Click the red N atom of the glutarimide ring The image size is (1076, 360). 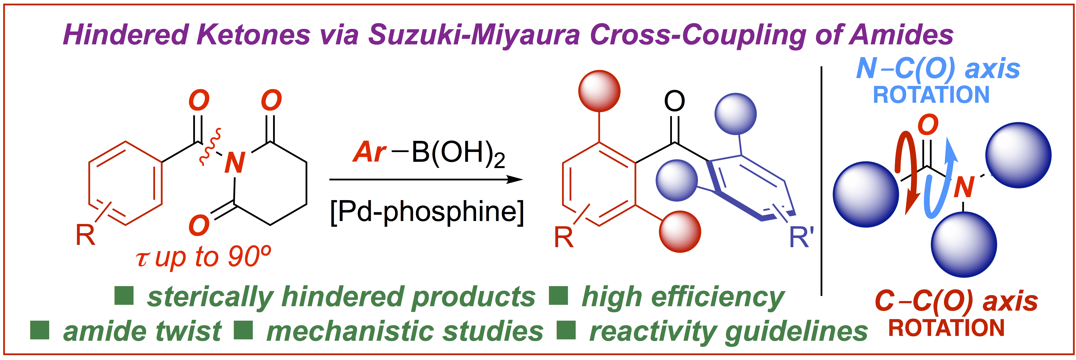point(235,163)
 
